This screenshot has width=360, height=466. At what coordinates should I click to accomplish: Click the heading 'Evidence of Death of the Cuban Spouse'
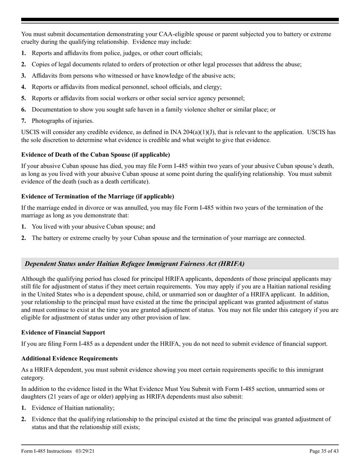point(95,155)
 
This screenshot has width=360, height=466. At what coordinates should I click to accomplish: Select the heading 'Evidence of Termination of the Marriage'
point(97,196)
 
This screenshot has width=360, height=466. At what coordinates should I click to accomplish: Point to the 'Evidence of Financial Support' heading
point(63,332)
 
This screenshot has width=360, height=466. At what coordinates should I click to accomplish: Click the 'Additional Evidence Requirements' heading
point(69,358)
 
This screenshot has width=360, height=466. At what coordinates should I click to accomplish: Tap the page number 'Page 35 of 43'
point(324,451)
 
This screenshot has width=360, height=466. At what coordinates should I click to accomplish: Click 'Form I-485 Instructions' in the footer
point(47,451)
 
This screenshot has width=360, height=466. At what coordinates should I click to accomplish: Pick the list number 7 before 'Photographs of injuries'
point(23,121)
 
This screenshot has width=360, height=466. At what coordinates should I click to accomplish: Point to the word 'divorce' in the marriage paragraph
point(94,208)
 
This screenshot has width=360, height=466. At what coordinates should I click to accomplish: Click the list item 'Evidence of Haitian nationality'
point(73,408)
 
